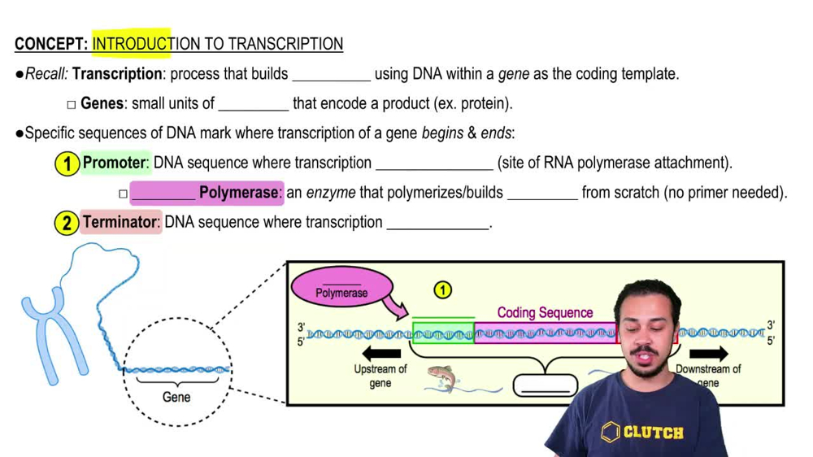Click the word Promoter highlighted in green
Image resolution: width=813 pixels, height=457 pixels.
click(114, 163)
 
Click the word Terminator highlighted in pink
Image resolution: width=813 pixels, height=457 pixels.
click(120, 222)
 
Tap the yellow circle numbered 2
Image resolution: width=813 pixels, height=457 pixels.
click(67, 223)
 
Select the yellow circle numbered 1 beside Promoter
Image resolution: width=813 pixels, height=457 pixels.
click(67, 163)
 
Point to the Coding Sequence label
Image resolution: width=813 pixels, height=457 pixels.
click(545, 312)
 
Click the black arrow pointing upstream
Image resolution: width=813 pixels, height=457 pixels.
click(381, 354)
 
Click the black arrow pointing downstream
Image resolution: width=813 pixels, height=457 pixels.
click(708, 354)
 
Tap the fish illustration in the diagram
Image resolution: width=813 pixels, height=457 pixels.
click(443, 378)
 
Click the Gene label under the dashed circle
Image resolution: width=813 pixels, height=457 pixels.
click(176, 397)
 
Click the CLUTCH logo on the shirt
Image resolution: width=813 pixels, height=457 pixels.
click(642, 432)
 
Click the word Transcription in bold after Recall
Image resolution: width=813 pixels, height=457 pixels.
click(117, 74)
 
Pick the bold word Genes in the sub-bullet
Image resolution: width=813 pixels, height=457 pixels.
click(102, 104)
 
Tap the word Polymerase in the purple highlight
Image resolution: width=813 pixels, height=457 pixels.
click(239, 193)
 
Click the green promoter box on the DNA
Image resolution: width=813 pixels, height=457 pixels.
click(443, 333)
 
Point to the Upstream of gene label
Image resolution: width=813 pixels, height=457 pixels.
click(380, 375)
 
